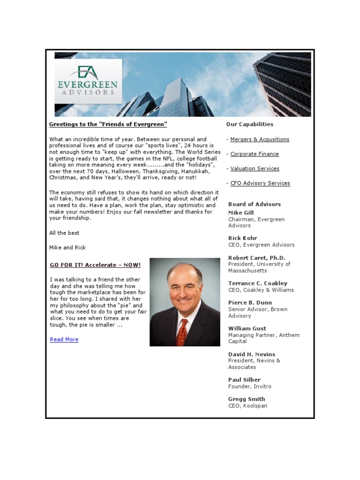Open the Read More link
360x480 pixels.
pyautogui.click(x=64, y=339)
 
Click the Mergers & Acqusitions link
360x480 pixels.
pyautogui.click(x=260, y=139)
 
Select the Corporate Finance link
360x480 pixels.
pyautogui.click(x=255, y=154)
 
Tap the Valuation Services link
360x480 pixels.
pyautogui.click(x=255, y=168)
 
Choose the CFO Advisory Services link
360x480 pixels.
pyautogui.click(x=260, y=183)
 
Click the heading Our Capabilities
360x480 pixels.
pyautogui.click(x=249, y=124)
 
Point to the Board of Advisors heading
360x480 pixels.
pyautogui.click(x=255, y=204)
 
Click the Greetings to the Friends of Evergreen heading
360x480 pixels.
pyautogui.click(x=108, y=124)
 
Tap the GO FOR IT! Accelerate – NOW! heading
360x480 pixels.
pyautogui.click(x=95, y=265)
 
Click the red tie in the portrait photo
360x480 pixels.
pyautogui.click(x=182, y=332)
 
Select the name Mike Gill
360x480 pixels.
pyautogui.click(x=241, y=213)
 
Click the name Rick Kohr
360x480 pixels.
pyautogui.click(x=242, y=238)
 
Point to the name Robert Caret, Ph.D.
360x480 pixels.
pyautogui.click(x=256, y=258)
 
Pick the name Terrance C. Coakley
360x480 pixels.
pyautogui.click(x=258, y=284)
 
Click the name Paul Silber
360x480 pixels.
pyautogui.click(x=244, y=380)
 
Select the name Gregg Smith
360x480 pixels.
pyautogui.click(x=247, y=399)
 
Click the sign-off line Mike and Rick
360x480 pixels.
pyautogui.click(x=67, y=247)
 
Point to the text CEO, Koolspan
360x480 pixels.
pyautogui.click(x=247, y=406)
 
